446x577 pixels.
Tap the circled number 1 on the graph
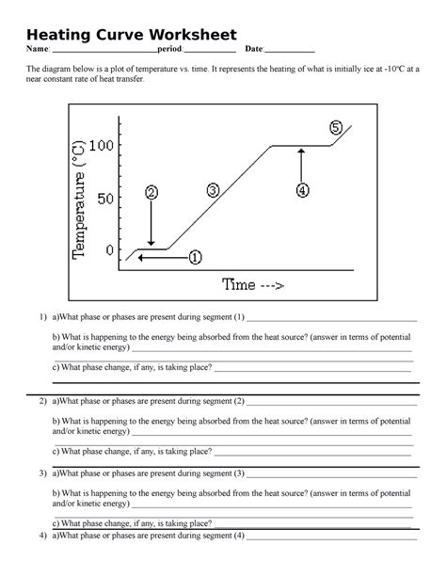(195, 256)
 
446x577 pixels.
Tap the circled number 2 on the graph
(151, 192)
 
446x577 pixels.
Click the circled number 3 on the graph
(213, 190)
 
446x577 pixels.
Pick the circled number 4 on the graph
(301, 190)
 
